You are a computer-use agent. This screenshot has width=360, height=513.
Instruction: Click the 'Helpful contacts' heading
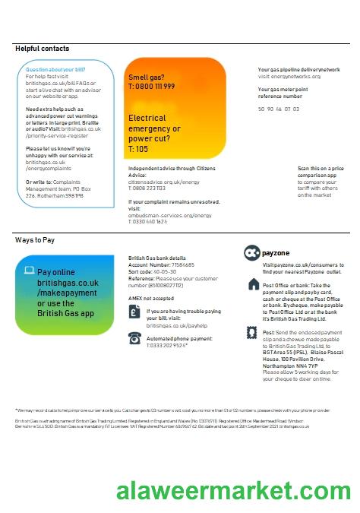(x=43, y=49)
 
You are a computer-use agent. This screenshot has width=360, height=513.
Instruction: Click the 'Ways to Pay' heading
(x=35, y=240)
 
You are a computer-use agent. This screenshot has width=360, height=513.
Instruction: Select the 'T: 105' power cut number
(x=138, y=150)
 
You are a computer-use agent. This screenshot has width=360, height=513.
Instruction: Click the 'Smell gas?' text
(x=146, y=78)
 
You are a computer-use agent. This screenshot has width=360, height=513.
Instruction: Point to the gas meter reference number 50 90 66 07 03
(x=279, y=109)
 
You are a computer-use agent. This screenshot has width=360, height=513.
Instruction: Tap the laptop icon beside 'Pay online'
(x=29, y=270)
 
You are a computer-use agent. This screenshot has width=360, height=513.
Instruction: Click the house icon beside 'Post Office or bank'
(x=253, y=284)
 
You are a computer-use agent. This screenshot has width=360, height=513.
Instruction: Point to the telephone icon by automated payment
(x=134, y=338)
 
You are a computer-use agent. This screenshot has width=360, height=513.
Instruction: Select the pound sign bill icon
(x=134, y=312)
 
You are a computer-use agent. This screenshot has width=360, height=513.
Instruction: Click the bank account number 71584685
(x=179, y=264)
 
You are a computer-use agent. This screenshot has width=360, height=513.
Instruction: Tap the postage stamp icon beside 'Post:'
(x=253, y=333)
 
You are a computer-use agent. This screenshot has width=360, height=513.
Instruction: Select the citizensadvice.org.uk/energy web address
(x=164, y=182)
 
